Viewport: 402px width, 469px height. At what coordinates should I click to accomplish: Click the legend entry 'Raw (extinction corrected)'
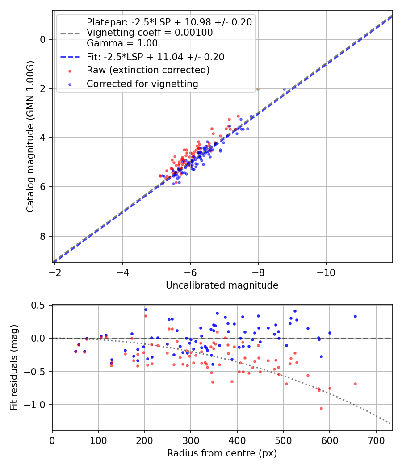(148, 70)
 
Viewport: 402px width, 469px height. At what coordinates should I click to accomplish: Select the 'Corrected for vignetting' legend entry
(142, 84)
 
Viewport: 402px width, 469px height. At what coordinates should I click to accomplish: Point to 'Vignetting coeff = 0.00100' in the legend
(150, 33)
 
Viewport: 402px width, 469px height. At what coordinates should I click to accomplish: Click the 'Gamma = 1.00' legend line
(122, 43)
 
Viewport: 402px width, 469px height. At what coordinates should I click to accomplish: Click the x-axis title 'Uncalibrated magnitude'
(222, 285)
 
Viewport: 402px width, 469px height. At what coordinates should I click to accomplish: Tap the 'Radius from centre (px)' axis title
(222, 453)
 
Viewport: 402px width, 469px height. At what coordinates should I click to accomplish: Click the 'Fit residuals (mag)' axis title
(14, 366)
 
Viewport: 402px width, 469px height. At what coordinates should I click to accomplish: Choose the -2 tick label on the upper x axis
(55, 272)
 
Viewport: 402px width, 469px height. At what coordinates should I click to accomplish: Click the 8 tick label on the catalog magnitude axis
(43, 236)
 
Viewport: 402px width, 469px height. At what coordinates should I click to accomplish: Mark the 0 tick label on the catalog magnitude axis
(43, 39)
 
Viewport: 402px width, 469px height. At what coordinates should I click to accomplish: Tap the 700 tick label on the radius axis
(376, 440)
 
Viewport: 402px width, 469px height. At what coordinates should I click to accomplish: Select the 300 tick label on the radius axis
(191, 440)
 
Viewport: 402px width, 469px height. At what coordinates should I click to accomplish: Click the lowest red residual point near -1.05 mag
(321, 408)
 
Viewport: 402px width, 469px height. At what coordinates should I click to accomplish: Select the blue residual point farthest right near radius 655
(355, 316)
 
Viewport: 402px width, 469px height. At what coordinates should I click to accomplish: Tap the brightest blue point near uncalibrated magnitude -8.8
(284, 89)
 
